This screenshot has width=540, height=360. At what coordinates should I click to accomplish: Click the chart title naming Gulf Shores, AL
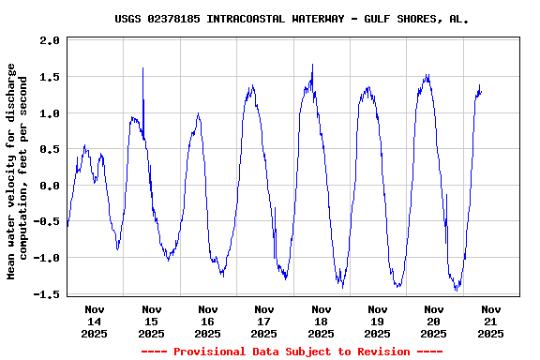[x=292, y=18]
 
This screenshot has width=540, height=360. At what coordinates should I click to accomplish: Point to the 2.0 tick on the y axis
[x=50, y=41]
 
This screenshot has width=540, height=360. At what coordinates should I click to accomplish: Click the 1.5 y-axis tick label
[x=50, y=77]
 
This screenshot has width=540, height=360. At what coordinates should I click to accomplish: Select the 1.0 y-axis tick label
[x=50, y=113]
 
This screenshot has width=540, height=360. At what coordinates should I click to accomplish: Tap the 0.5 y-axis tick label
[x=50, y=149]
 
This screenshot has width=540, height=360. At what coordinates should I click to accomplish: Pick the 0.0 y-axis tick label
[x=50, y=186]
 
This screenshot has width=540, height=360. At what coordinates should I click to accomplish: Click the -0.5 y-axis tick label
[x=46, y=221]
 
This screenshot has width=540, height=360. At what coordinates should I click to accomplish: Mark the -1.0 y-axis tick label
[x=46, y=258]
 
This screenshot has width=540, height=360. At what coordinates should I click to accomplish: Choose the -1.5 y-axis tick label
[x=46, y=293]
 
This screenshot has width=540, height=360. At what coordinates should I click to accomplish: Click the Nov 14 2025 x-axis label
[x=95, y=321]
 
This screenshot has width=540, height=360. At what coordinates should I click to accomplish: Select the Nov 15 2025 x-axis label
[x=151, y=321]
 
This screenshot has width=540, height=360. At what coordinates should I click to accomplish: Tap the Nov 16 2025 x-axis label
[x=208, y=321]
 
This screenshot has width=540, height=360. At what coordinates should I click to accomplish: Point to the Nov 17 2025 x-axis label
[x=264, y=321]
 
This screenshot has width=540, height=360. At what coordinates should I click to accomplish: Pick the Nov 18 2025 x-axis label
[x=321, y=321]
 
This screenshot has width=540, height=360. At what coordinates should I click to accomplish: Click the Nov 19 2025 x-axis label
[x=377, y=321]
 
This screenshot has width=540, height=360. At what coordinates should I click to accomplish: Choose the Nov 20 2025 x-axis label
[x=433, y=321]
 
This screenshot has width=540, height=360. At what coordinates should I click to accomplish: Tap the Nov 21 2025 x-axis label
[x=489, y=321]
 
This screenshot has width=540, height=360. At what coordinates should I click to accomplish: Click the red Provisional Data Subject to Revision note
[x=292, y=352]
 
